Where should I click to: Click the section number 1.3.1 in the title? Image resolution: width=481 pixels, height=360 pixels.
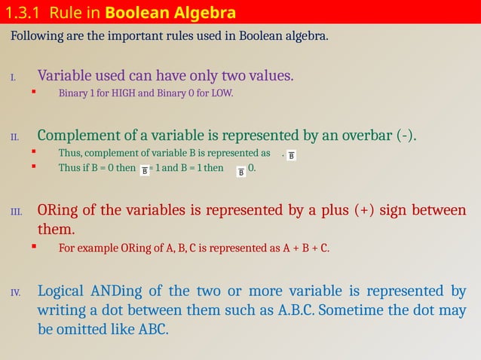pos(23,13)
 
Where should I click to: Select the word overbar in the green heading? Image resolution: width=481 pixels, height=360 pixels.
pos(365,136)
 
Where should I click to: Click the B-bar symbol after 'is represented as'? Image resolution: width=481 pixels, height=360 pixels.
pos(293,155)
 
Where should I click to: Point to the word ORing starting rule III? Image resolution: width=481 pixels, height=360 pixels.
pos(58,210)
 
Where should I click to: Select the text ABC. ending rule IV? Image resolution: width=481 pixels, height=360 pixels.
pos(153,329)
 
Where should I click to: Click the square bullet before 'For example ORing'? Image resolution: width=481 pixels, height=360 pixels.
pos(33,246)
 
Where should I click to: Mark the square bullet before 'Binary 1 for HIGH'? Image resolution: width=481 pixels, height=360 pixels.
pos(33,93)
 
